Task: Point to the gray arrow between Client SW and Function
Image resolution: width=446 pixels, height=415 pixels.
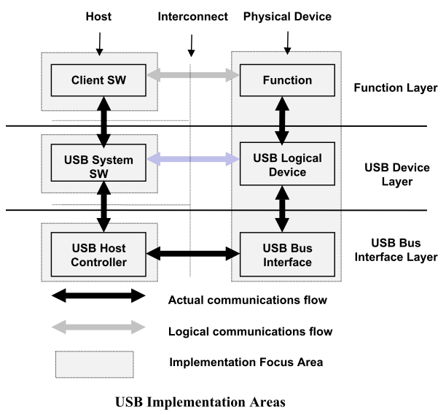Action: [x=192, y=74]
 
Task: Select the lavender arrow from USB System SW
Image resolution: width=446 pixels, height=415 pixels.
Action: [x=192, y=159]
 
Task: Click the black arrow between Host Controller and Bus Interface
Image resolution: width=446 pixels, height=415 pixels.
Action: [x=192, y=254]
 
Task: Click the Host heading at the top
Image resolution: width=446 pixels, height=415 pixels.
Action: [x=98, y=16]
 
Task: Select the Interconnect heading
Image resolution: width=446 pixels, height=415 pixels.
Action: [x=192, y=16]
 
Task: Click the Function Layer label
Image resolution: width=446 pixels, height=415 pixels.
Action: [x=395, y=88]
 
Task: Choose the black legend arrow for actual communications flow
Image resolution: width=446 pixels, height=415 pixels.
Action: [x=98, y=297]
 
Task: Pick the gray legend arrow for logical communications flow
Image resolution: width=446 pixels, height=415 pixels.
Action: [x=98, y=330]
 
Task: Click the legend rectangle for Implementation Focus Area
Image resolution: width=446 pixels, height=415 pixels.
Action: [x=95, y=362]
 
